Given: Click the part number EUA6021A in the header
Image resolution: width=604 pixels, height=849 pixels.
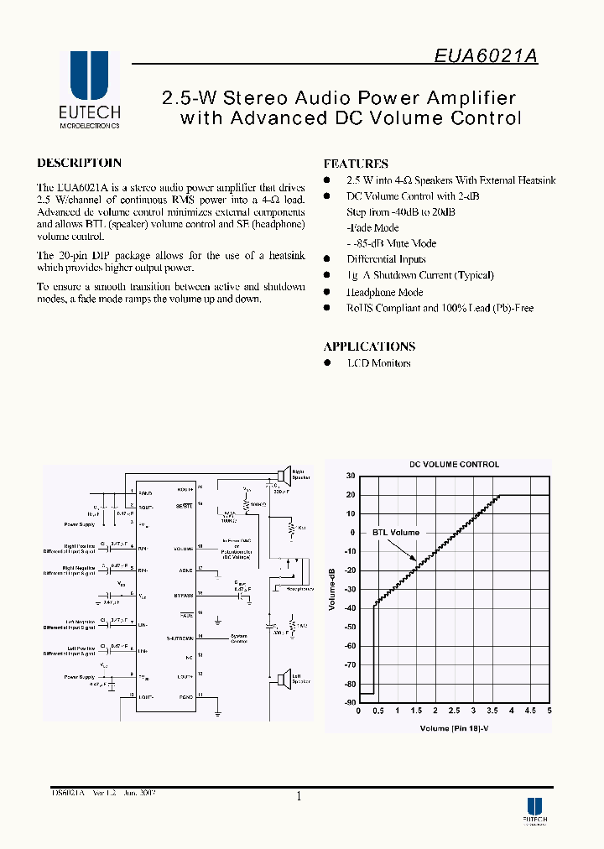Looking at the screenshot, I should point(486,56).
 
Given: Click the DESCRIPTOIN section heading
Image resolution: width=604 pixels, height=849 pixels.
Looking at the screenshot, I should point(80,163).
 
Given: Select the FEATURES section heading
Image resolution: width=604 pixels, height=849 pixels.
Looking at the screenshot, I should point(356,164).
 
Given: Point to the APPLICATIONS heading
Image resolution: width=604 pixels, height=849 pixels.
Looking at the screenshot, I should point(369,346).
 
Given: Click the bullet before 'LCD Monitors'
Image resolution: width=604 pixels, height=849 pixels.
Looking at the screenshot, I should point(327,363).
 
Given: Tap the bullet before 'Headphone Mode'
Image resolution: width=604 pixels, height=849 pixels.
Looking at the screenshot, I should point(327,292).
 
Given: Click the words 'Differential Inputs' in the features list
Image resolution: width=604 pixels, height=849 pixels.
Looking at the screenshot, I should point(386,259).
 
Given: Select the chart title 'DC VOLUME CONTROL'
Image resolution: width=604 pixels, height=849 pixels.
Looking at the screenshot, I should point(454,464).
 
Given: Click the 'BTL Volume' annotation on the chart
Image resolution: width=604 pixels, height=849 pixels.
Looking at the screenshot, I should point(396,532).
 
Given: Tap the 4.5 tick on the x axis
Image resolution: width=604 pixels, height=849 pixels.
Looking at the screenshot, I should point(530,711).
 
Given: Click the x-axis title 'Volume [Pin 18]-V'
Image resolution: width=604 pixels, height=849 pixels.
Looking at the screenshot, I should point(454,728).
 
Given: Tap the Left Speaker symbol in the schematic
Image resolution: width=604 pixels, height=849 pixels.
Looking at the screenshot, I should point(285,677).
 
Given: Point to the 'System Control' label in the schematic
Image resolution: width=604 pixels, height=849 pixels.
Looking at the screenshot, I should point(239,638).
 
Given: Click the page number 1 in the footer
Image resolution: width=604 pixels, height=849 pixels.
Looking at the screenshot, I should point(299,797).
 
